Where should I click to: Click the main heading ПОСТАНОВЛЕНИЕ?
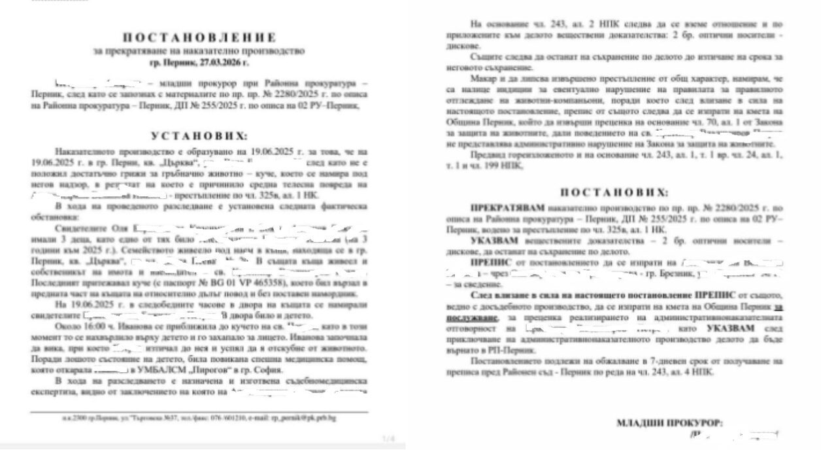pos(199,38)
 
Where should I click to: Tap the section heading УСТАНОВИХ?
pos(199,137)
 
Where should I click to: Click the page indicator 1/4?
pos(388,438)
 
